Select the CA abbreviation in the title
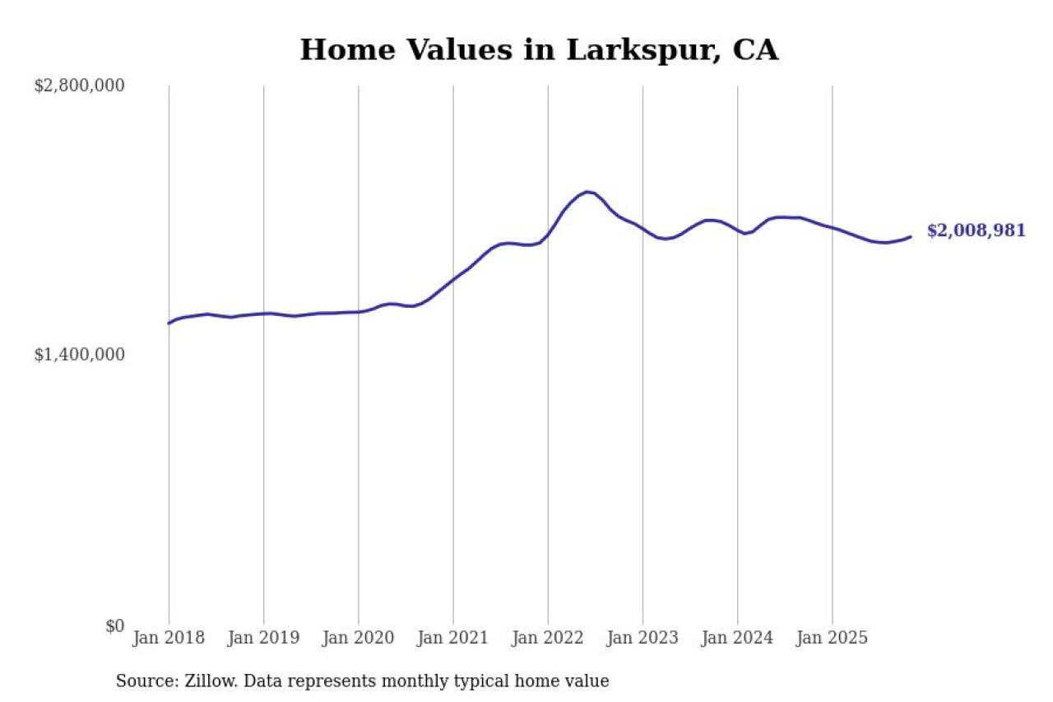click(754, 50)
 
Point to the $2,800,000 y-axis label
click(79, 86)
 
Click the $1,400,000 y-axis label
click(79, 355)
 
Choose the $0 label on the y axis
click(115, 626)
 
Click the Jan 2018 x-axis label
click(169, 639)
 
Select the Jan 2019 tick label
click(263, 639)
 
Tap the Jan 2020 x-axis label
click(359, 639)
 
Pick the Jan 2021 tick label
click(453, 639)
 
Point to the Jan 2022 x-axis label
click(548, 639)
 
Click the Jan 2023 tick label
click(642, 639)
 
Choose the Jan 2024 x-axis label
click(737, 639)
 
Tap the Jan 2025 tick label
click(833, 639)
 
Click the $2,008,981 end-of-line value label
click(976, 231)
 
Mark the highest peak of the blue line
click(587, 192)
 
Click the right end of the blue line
click(911, 237)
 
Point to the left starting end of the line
click(169, 323)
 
